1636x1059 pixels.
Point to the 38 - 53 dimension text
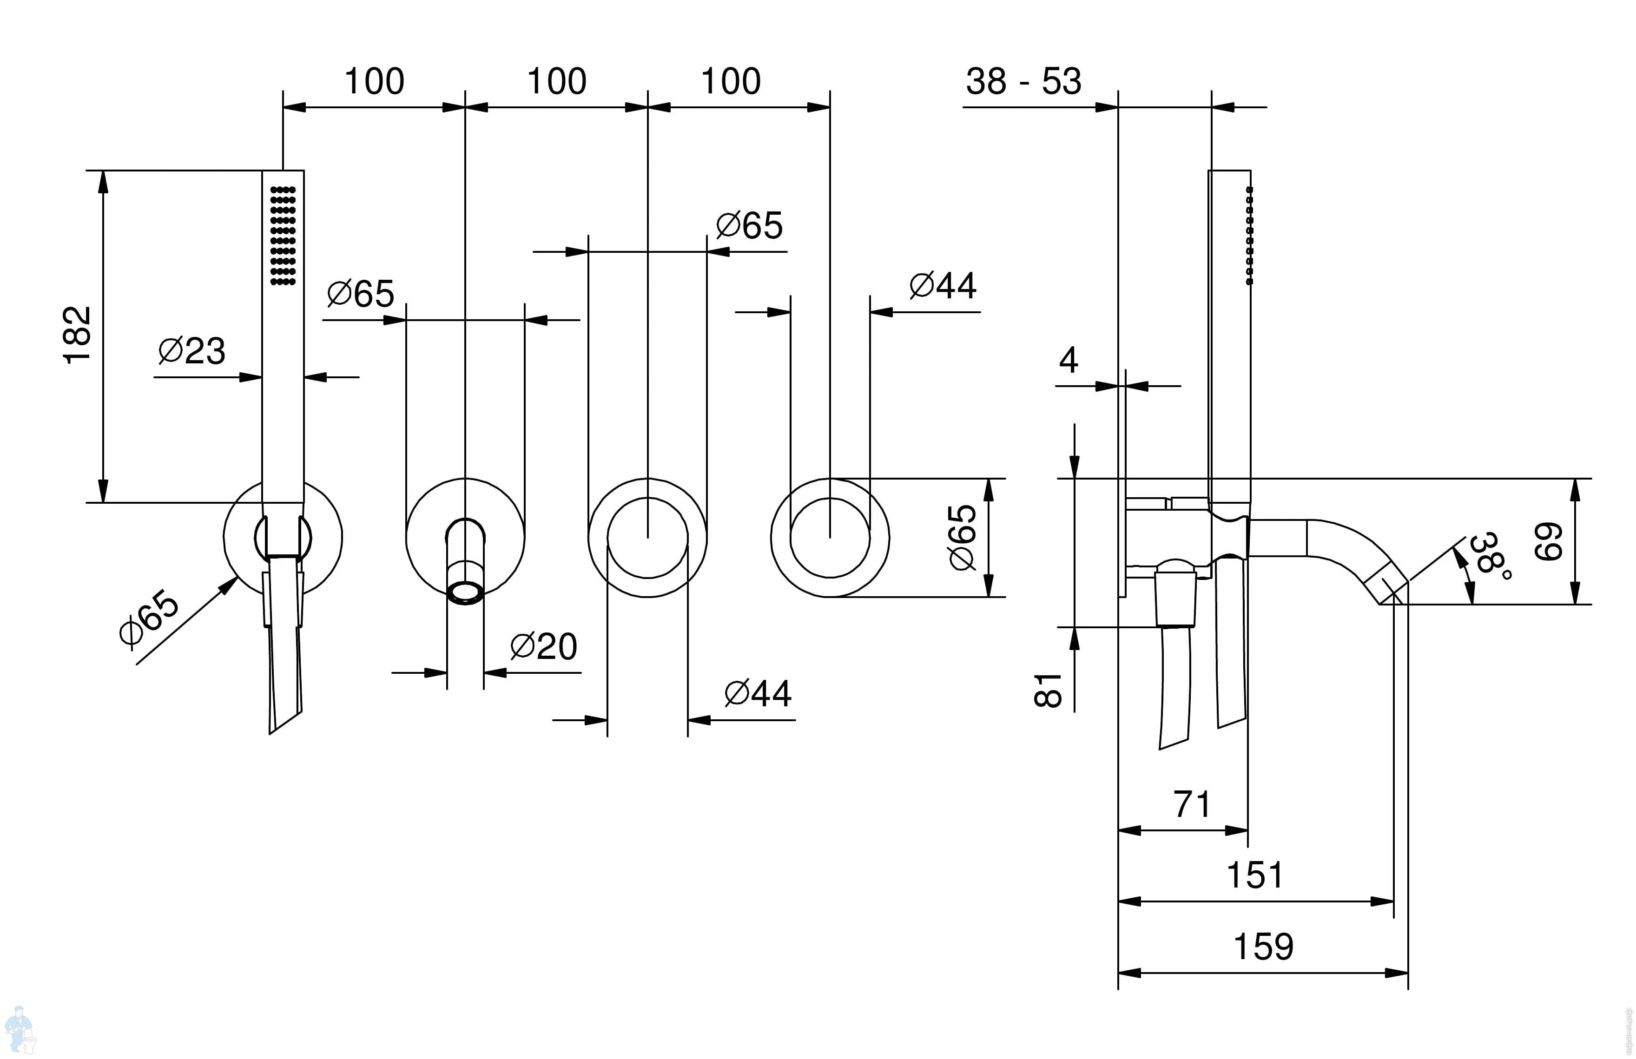click(1023, 82)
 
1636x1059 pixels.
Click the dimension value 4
click(1068, 360)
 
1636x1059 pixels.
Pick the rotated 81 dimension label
click(1049, 690)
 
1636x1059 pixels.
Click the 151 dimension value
click(1254, 875)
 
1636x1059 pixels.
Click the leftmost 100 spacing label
click(374, 82)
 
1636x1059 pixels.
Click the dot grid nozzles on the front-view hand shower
click(283, 235)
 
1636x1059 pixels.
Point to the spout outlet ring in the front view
click(465, 592)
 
